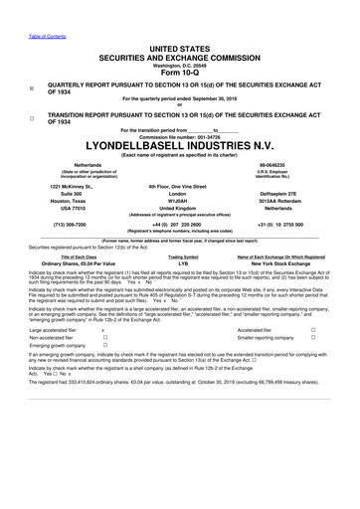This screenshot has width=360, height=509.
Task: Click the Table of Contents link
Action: click(x=23, y=7)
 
